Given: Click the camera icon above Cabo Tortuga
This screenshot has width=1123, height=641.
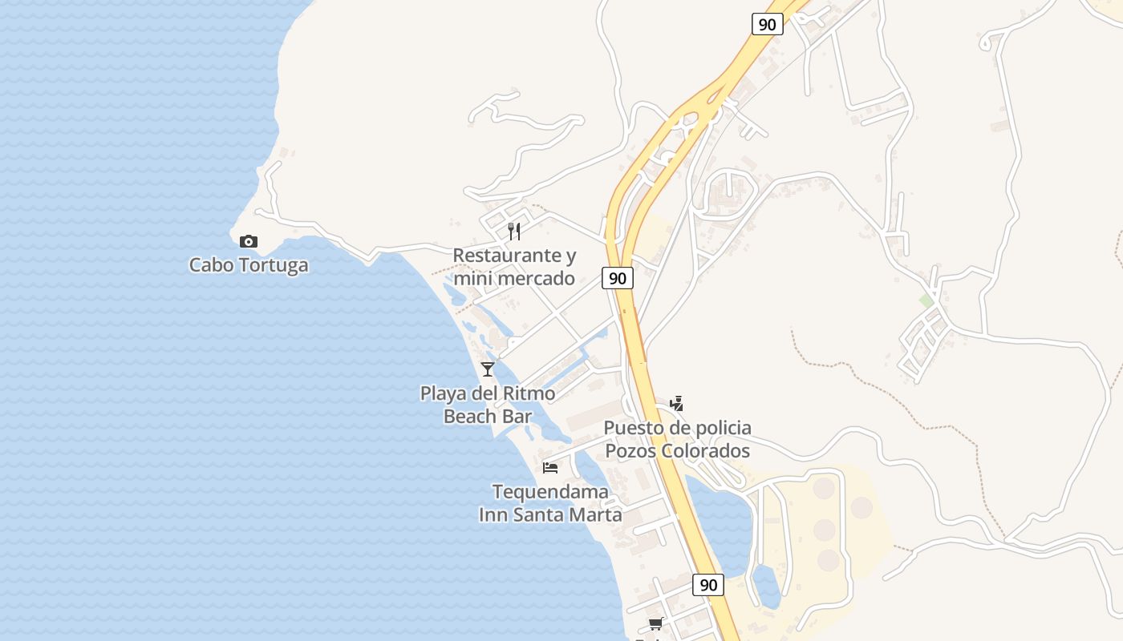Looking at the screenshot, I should pyautogui.click(x=249, y=241).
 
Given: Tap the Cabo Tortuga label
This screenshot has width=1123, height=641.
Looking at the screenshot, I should pyautogui.click(x=249, y=265).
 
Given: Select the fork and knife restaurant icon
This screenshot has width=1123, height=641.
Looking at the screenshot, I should pyautogui.click(x=514, y=232).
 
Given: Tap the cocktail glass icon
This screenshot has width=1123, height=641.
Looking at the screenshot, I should pyautogui.click(x=488, y=369).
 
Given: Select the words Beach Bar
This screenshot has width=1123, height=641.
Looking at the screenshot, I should pyautogui.click(x=488, y=417).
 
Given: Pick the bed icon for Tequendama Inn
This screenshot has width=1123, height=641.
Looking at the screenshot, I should pyautogui.click(x=550, y=467).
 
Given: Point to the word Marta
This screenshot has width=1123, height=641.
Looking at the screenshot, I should pyautogui.click(x=595, y=514).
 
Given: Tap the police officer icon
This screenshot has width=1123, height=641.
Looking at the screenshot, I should pyautogui.click(x=677, y=403).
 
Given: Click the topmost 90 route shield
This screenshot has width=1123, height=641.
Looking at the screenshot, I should pyautogui.click(x=768, y=24).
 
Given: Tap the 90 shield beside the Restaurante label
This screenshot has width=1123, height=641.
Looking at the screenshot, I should pyautogui.click(x=617, y=279).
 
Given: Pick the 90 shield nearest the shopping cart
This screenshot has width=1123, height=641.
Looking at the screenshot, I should pyautogui.click(x=708, y=585).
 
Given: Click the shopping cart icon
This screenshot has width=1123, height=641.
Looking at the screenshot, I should pyautogui.click(x=655, y=624).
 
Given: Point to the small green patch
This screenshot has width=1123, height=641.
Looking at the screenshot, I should pyautogui.click(x=926, y=300).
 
